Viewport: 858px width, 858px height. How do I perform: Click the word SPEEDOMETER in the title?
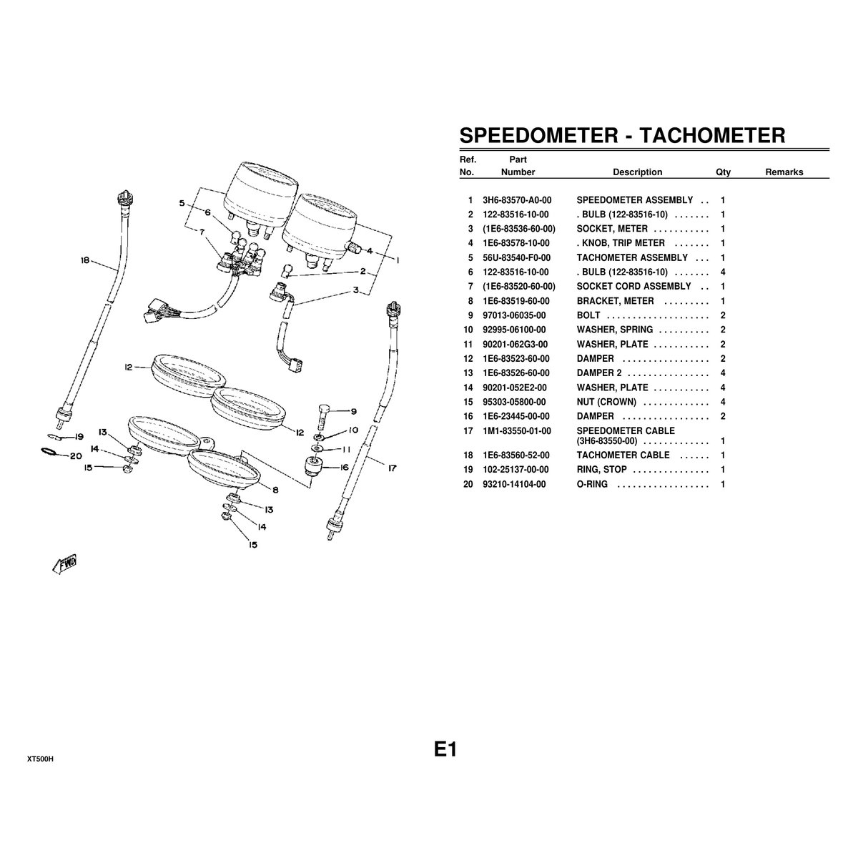pyautogui.click(x=538, y=135)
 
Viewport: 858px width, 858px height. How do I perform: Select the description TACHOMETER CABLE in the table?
pyautogui.click(x=623, y=455)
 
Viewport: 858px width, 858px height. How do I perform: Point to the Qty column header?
pyautogui.click(x=723, y=172)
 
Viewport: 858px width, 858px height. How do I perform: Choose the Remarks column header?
pyautogui.click(x=784, y=172)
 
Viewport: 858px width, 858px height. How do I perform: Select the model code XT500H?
pyautogui.click(x=41, y=759)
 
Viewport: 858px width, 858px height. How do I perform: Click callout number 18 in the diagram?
pyautogui.click(x=85, y=262)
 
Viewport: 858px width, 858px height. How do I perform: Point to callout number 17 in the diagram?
pyautogui.click(x=392, y=470)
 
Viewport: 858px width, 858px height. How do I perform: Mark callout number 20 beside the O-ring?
pyautogui.click(x=76, y=455)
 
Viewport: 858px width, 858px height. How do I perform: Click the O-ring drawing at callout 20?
pyautogui.click(x=48, y=452)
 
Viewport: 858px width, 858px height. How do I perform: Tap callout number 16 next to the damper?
pyautogui.click(x=343, y=467)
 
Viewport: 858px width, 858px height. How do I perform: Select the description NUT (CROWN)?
pyautogui.click(x=606, y=402)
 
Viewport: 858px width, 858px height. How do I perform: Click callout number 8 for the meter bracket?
pyautogui.click(x=275, y=490)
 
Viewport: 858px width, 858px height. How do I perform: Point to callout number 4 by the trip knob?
pyautogui.click(x=370, y=251)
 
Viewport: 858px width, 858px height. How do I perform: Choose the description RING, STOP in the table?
pyautogui.click(x=601, y=470)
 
